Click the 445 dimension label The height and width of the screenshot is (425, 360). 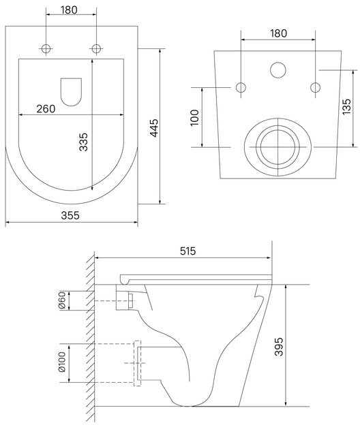pyautogui.click(x=154, y=128)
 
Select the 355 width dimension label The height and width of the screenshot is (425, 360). pyautogui.click(x=70, y=215)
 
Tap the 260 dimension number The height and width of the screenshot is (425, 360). pyautogui.click(x=46, y=109)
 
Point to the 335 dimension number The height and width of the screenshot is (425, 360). pyautogui.click(x=83, y=142)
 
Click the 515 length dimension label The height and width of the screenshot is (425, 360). pyautogui.click(x=187, y=251)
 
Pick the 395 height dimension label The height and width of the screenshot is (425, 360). pyautogui.click(x=279, y=347)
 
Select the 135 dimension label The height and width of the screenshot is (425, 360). pyautogui.click(x=346, y=107)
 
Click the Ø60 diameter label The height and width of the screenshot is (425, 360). pyautogui.click(x=62, y=300)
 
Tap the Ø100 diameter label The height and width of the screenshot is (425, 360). pyautogui.click(x=62, y=362)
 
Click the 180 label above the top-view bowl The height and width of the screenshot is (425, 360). pyautogui.click(x=69, y=10)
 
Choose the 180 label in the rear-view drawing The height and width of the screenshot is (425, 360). pyautogui.click(x=278, y=33)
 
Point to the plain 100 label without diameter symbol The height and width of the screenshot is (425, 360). pyautogui.click(x=194, y=118)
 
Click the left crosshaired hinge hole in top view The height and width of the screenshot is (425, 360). pyautogui.click(x=46, y=49)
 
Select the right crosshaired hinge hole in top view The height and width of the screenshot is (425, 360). pyautogui.click(x=96, y=49)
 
